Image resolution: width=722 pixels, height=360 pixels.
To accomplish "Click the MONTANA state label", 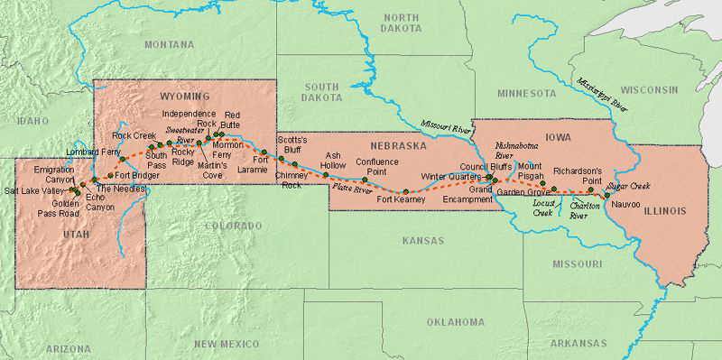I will click(x=168, y=44).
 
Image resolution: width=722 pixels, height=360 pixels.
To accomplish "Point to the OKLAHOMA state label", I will click(x=456, y=321).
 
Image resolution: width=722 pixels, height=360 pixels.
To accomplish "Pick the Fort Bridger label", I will click(x=139, y=175).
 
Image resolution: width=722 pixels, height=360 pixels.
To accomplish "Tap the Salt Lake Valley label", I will click(x=32, y=191).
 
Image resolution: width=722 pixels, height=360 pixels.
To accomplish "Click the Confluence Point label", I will click(x=377, y=166).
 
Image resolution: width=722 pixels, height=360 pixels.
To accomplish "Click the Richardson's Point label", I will click(x=578, y=174).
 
